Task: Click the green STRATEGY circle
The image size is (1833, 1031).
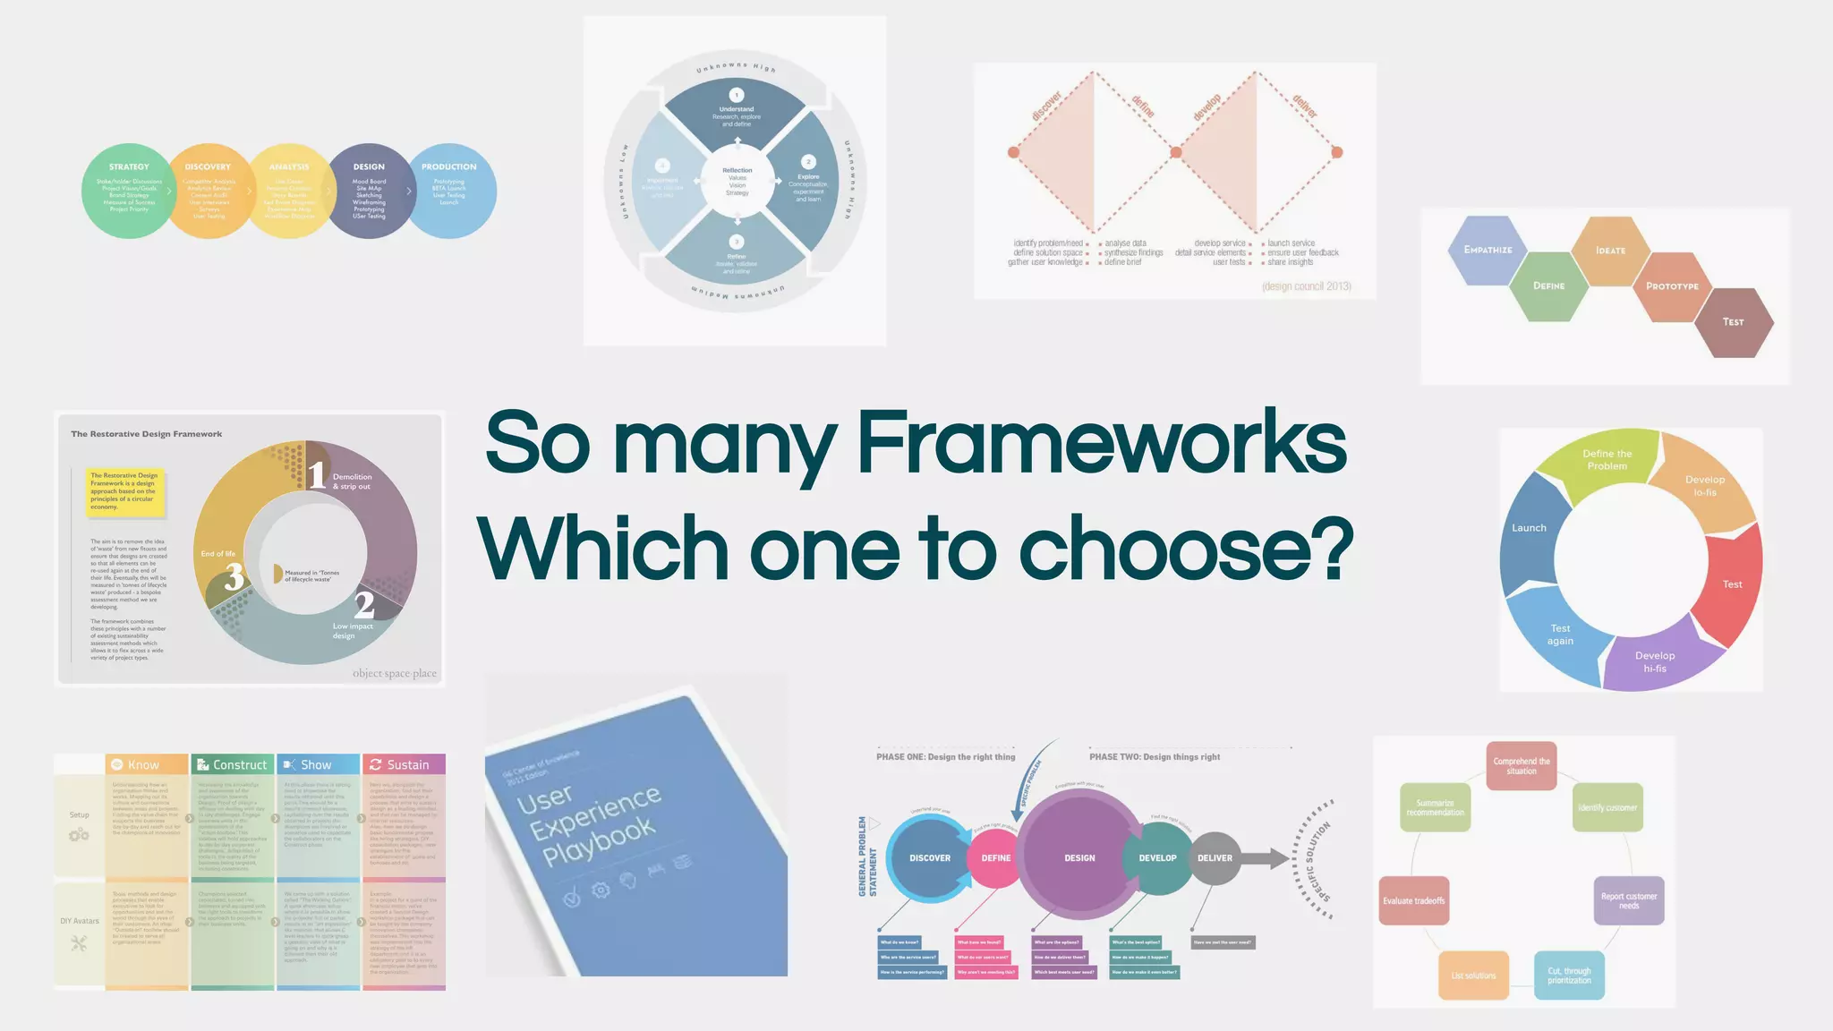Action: click(x=128, y=191)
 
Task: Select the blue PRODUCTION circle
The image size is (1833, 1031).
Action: click(x=452, y=191)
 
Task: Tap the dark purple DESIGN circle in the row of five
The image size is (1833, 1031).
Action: click(x=369, y=191)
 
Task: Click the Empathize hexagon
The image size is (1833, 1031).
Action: click(x=1488, y=251)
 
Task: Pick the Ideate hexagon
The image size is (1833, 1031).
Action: click(x=1610, y=251)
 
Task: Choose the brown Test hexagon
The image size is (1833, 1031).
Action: click(x=1734, y=322)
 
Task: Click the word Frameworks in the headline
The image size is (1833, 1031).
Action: click(x=1101, y=443)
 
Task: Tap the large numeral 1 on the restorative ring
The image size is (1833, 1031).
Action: click(x=317, y=474)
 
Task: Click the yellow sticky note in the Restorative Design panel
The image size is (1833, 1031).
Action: click(x=125, y=491)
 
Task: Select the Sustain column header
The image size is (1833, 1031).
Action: click(x=404, y=764)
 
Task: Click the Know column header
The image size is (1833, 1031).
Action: click(x=146, y=764)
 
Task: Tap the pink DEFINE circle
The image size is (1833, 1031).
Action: click(x=995, y=857)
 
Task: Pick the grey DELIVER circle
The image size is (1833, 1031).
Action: click(x=1215, y=857)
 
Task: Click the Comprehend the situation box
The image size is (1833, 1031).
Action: click(x=1522, y=766)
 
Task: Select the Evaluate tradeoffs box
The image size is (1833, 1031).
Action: click(x=1414, y=900)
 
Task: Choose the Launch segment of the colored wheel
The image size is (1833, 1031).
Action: click(x=1530, y=529)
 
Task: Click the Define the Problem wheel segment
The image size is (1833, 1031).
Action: click(x=1606, y=460)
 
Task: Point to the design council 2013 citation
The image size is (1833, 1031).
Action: click(x=1306, y=286)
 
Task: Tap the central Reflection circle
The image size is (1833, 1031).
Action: click(x=737, y=182)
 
